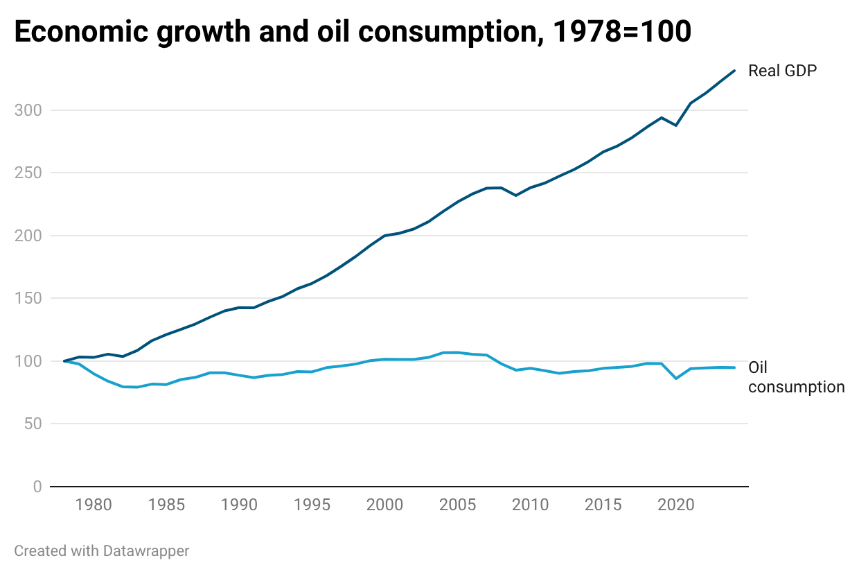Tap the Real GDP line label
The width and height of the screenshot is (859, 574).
tap(783, 71)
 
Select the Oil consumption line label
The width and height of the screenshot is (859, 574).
tap(795, 377)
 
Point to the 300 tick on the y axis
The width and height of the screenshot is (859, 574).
tap(28, 110)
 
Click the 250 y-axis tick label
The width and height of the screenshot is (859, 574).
tap(28, 173)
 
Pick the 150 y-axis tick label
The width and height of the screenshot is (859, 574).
tap(28, 298)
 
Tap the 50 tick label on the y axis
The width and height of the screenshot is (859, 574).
tap(33, 424)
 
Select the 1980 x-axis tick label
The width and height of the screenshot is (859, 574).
tap(94, 505)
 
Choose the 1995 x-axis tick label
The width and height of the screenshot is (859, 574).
tap(312, 505)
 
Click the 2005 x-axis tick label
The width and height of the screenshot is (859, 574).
tap(457, 505)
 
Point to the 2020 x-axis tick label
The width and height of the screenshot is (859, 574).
tap(675, 505)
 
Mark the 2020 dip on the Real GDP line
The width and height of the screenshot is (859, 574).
tap(676, 125)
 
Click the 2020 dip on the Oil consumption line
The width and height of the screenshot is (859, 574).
tap(676, 378)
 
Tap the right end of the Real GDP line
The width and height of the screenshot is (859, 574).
tap(734, 71)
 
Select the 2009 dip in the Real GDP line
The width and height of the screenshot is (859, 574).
tap(515, 195)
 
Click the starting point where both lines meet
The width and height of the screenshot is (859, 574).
tap(64, 360)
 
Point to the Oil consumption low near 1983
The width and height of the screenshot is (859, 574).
tap(137, 387)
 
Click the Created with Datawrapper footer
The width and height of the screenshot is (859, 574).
tap(101, 551)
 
